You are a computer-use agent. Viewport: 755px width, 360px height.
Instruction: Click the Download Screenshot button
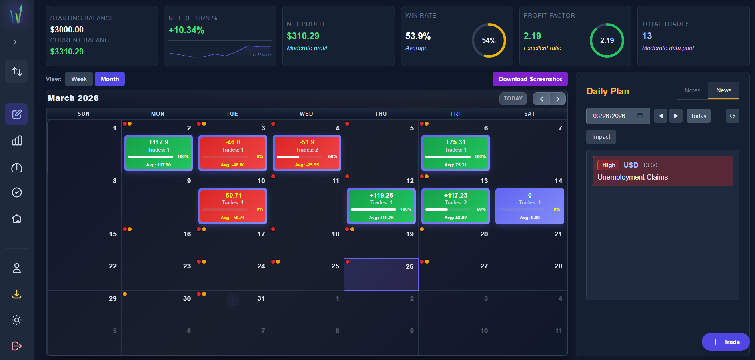[530, 79]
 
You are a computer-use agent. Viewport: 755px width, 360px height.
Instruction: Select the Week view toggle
[79, 79]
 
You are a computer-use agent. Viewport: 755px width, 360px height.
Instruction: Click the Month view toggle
[110, 79]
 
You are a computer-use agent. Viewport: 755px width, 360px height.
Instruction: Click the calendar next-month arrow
[557, 99]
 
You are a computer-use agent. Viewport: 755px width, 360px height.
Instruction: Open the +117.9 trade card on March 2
[158, 153]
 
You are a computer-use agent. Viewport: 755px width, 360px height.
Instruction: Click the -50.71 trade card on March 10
[232, 206]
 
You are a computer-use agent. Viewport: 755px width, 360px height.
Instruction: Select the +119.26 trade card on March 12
[381, 206]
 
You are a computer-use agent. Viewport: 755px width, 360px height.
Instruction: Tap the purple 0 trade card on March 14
[529, 206]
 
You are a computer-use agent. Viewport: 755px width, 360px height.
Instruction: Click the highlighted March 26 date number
[409, 266]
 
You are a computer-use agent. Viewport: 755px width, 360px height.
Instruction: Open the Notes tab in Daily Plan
[692, 90]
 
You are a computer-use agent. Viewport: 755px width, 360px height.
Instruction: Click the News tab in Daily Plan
[723, 90]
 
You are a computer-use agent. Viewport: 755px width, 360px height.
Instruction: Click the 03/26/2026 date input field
[612, 116]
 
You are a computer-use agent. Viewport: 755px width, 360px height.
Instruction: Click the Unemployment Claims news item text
[632, 177]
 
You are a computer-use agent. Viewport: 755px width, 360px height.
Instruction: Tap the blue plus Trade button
[725, 342]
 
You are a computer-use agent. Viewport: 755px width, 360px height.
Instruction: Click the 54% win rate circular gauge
[489, 40]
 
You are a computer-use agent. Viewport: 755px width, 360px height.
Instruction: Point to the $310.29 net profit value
[303, 36]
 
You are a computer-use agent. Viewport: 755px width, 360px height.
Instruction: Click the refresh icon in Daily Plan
[732, 116]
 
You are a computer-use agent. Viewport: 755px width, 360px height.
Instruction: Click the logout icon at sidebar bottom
[16, 346]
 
